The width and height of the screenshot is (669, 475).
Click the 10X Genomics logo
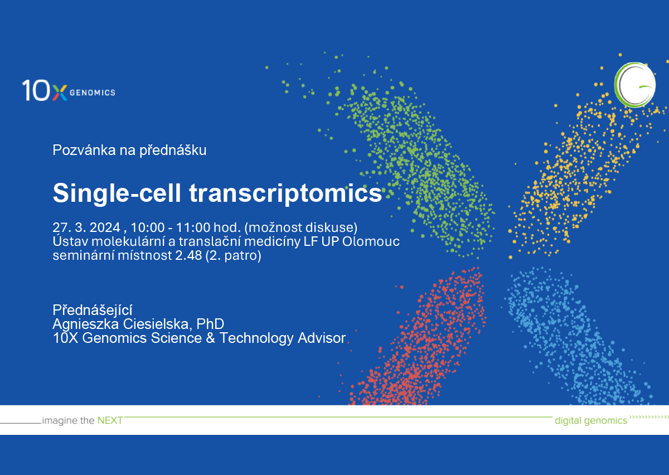68,90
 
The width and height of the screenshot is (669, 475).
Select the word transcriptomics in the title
286,193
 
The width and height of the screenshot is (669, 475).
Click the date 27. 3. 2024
86,227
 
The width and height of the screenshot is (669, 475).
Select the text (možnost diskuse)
300,227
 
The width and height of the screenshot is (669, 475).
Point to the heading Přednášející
92,310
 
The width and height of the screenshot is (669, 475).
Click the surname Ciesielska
161,324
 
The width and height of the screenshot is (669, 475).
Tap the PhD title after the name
212,324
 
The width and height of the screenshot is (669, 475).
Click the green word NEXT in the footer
110,420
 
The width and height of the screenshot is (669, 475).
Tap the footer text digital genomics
590,421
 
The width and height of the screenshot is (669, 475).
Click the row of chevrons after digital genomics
648,417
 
